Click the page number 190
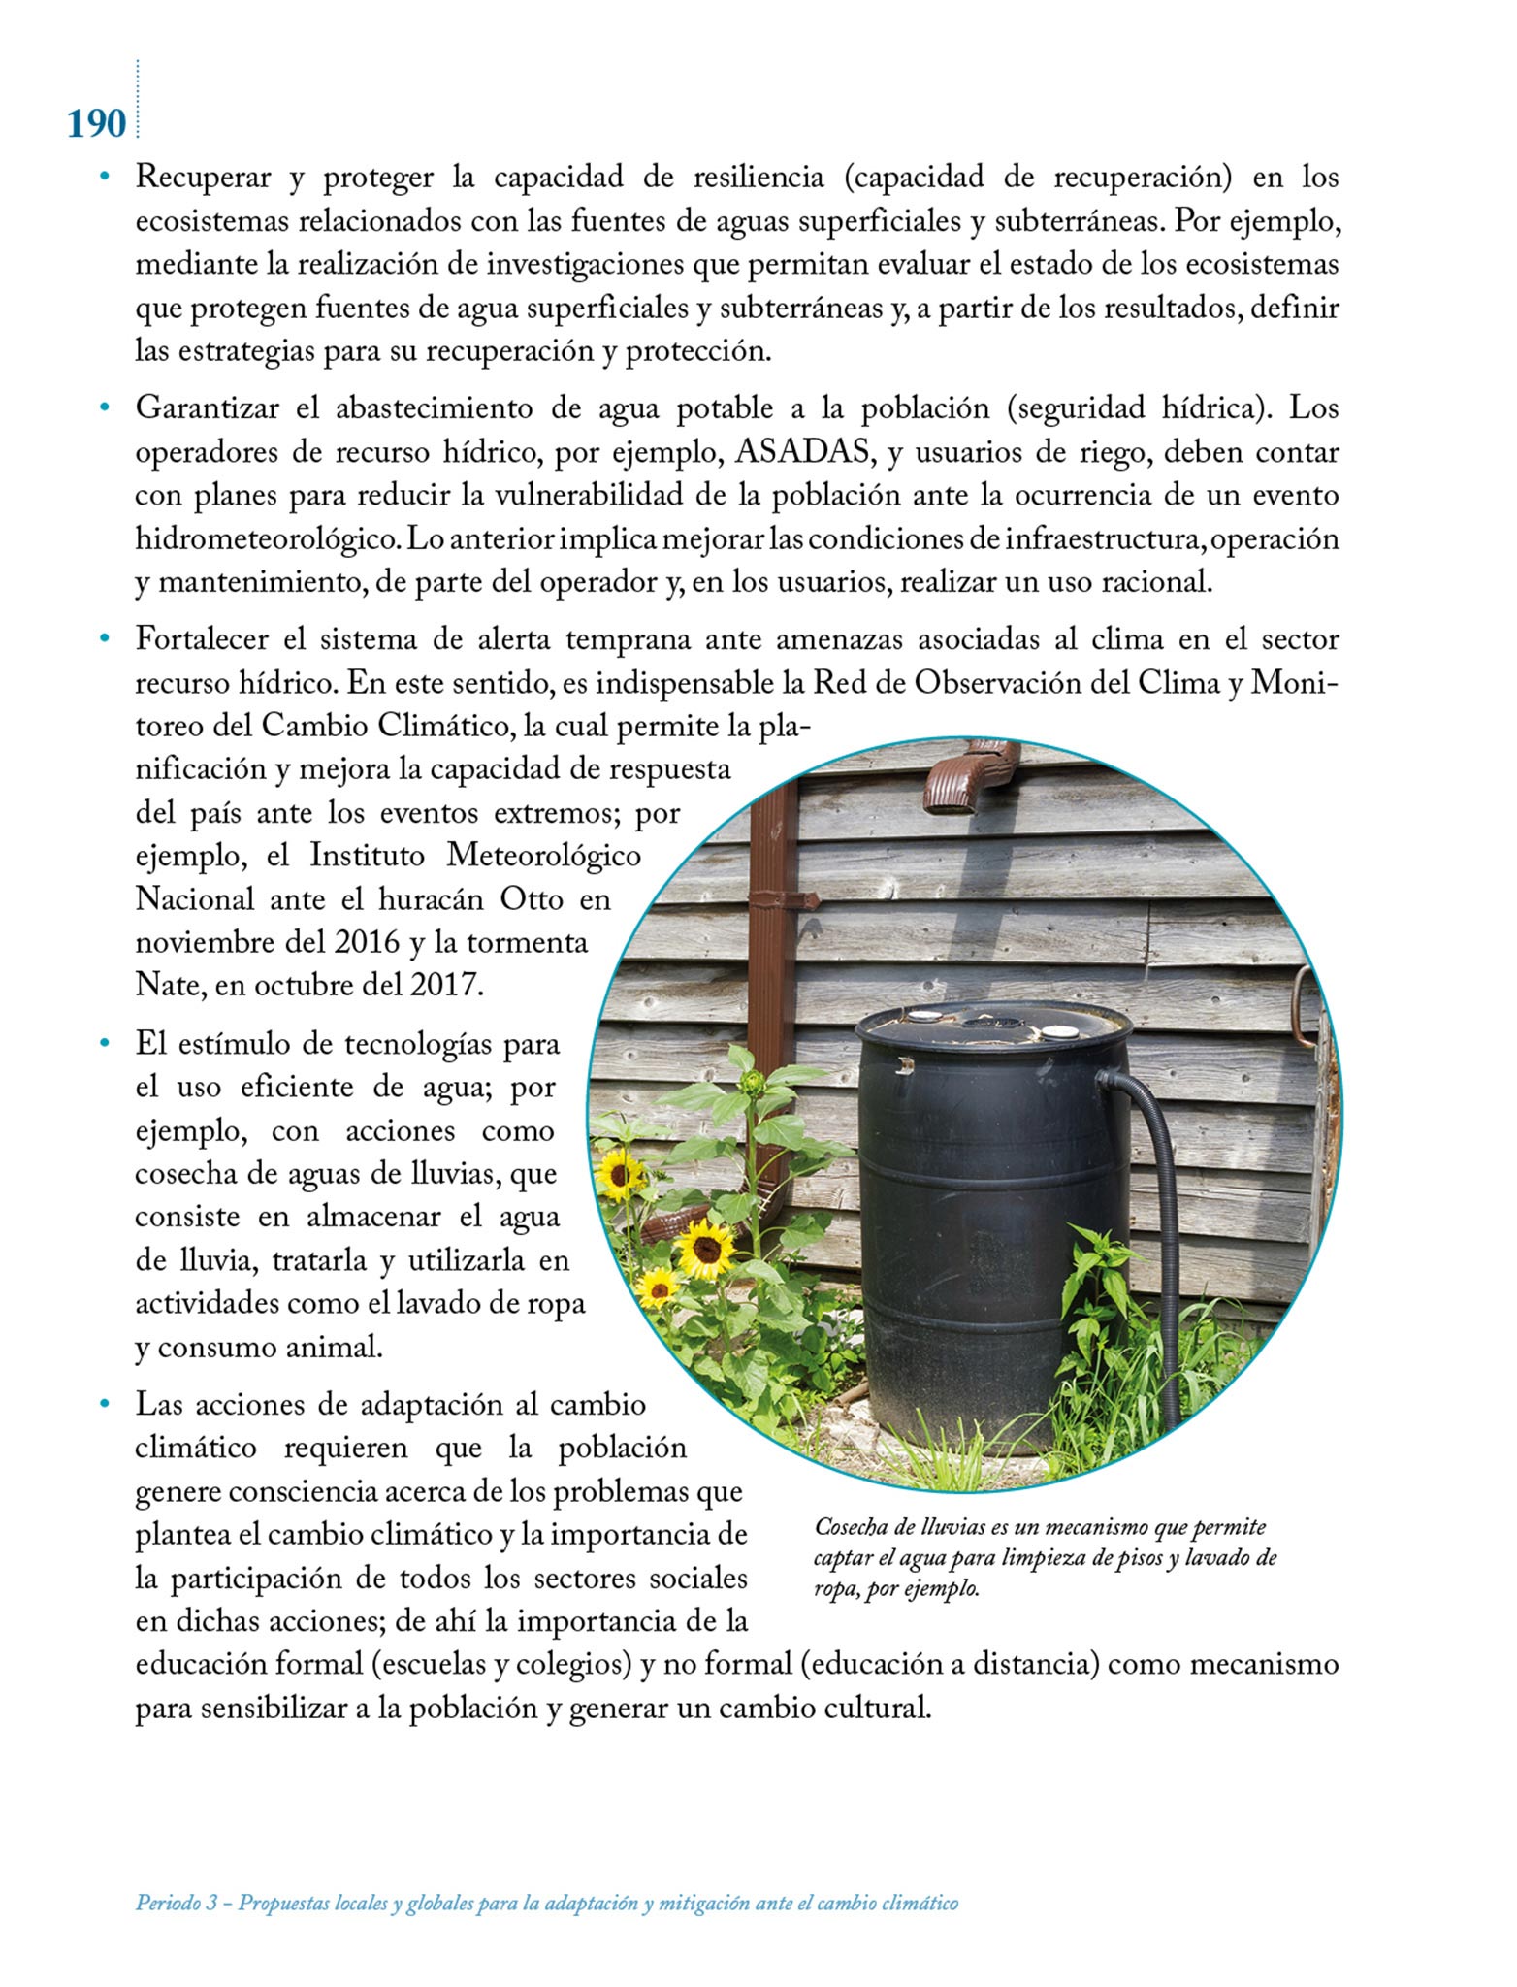[97, 124]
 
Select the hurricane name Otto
[531, 899]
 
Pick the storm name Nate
[166, 986]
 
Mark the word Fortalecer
[206, 640]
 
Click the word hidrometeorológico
[266, 539]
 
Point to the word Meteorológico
[543, 857]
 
